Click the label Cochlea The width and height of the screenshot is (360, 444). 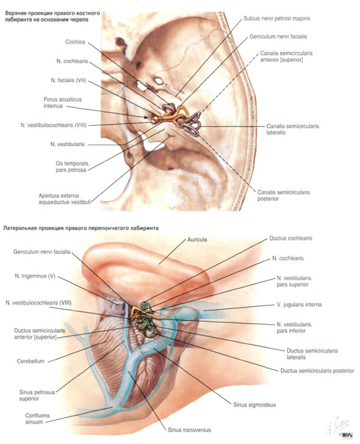pyautogui.click(x=75, y=42)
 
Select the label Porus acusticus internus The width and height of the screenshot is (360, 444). pyautogui.click(x=62, y=103)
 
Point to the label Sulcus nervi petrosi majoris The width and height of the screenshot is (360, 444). pyautogui.click(x=277, y=18)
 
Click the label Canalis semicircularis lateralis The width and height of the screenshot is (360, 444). pyautogui.click(x=292, y=129)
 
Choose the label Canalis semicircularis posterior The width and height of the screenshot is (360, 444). pyautogui.click(x=283, y=195)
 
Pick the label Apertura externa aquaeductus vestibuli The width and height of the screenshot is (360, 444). pyautogui.click(x=65, y=198)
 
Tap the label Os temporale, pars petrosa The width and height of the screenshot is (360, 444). pyautogui.click(x=73, y=167)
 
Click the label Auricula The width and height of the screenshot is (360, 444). pyautogui.click(x=197, y=239)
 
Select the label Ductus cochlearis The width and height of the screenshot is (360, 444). pyautogui.click(x=290, y=238)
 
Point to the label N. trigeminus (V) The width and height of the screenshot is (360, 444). pyautogui.click(x=35, y=276)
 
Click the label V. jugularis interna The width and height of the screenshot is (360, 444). pyautogui.click(x=299, y=305)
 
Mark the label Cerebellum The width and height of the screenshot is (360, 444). pyautogui.click(x=31, y=361)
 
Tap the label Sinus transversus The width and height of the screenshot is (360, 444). pyautogui.click(x=189, y=430)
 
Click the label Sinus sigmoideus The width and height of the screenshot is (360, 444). pyautogui.click(x=254, y=405)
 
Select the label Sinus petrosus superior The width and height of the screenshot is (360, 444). pyautogui.click(x=37, y=395)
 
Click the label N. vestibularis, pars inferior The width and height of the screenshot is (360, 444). pyautogui.click(x=294, y=327)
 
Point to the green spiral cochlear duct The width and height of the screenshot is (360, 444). pyautogui.click(x=145, y=305)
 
